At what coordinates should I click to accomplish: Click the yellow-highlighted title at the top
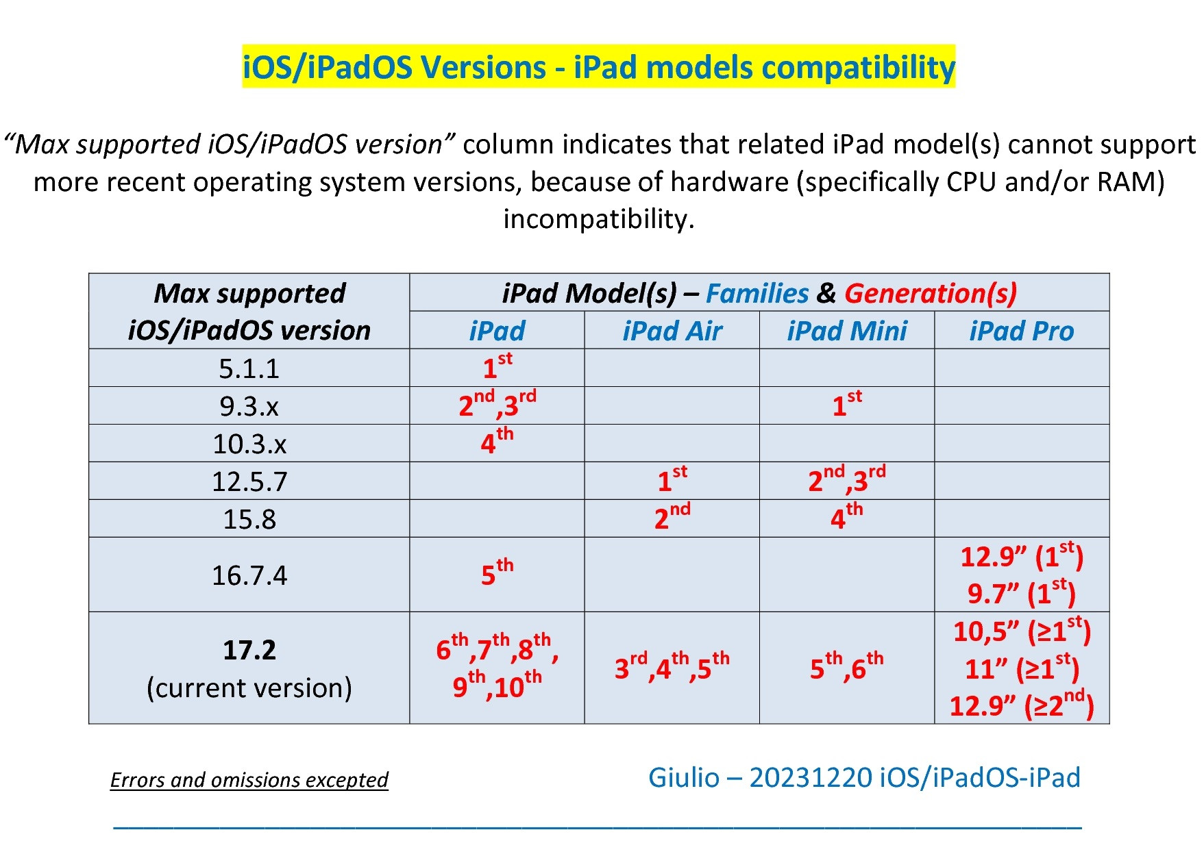(x=598, y=67)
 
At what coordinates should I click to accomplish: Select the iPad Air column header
(x=672, y=331)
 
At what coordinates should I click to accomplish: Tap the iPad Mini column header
(x=847, y=331)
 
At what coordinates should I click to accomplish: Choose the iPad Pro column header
(x=1022, y=331)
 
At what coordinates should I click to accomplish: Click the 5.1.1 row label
(x=249, y=368)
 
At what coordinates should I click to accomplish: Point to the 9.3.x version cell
(x=249, y=406)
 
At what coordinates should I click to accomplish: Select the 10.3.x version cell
(x=249, y=444)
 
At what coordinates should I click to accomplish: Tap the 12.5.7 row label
(x=249, y=481)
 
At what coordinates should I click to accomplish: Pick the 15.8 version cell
(x=249, y=519)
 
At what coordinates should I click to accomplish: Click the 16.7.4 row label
(x=249, y=575)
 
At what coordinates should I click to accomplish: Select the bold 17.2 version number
(x=249, y=649)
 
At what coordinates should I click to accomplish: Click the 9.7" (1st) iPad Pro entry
(x=1022, y=592)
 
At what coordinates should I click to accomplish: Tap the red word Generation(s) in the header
(x=931, y=293)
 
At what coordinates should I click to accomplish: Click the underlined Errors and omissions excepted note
(x=249, y=779)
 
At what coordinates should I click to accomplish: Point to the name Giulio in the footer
(x=684, y=777)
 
